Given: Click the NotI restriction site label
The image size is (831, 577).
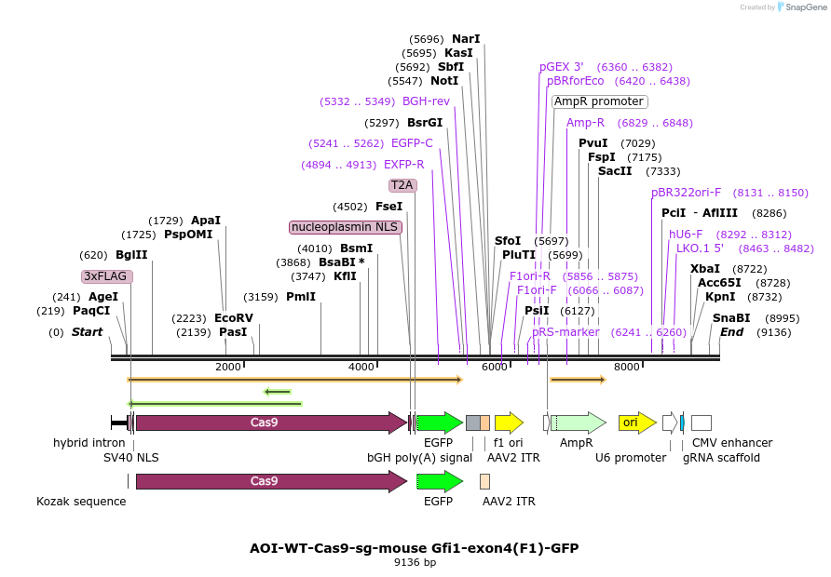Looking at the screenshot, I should [x=444, y=81].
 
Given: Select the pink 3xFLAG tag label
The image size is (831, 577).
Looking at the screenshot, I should [x=107, y=276].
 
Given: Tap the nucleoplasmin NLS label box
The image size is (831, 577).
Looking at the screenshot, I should [x=345, y=227].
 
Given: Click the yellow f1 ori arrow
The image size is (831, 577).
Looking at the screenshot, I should [x=509, y=423].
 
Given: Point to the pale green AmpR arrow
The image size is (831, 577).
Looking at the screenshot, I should [x=579, y=423].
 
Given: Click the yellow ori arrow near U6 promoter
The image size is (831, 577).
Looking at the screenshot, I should [x=637, y=423].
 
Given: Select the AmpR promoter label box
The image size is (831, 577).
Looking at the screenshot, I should [x=599, y=101].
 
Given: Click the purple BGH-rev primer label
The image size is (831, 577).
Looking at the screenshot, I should [x=426, y=101].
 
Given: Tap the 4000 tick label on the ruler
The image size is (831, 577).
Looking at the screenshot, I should [x=361, y=367].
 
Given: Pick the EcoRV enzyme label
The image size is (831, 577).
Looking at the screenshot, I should [x=233, y=318].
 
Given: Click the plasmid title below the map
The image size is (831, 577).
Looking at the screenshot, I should [x=414, y=548].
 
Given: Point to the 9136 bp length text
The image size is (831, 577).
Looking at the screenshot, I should [x=415, y=563].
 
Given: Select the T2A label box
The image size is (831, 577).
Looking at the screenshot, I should [x=402, y=185].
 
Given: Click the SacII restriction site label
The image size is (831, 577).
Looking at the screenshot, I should [x=615, y=171].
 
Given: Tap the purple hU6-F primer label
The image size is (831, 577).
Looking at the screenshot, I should [x=686, y=235].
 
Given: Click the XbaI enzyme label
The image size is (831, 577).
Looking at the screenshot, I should [x=705, y=269].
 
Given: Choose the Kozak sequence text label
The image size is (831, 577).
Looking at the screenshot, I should [x=81, y=502].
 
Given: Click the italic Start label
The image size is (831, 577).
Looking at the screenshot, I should [x=87, y=332].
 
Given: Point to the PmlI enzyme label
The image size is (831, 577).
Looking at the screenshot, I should [x=301, y=297].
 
